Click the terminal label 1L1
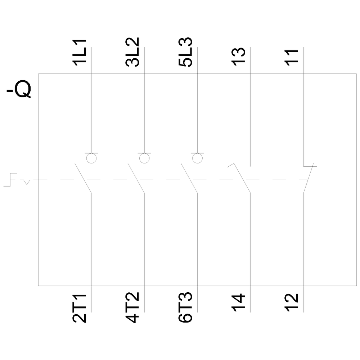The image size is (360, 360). point(80,53)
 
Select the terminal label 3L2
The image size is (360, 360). point(132,52)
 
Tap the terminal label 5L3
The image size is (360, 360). point(185,52)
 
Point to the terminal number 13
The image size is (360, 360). point(239,57)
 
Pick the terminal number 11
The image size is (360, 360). point(292,58)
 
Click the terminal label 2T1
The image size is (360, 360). point(80,308)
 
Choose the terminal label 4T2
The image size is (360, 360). point(132,307)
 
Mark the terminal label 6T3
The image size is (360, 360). point(185,307)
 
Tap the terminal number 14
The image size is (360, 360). point(239,303)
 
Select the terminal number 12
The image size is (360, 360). point(292,303)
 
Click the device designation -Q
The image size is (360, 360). point(19,89)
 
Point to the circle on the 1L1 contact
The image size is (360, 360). point(91,158)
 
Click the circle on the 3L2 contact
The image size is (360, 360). point(144,158)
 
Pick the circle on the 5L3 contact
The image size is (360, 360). point(197,158)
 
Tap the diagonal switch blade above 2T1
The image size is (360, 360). point(83,178)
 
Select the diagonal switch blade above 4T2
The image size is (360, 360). point(136,178)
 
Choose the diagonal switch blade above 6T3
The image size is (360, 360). point(189,178)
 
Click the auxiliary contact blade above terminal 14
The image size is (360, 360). point(242,178)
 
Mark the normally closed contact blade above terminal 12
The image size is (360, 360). point(309,178)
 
